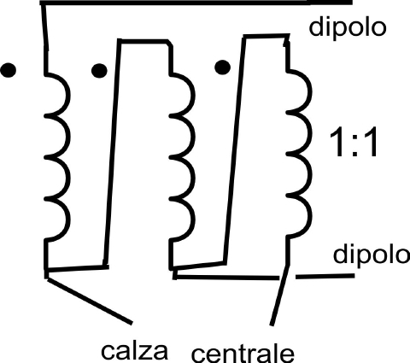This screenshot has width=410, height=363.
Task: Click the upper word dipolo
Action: [348, 28]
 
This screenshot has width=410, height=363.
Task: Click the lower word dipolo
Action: [371, 255]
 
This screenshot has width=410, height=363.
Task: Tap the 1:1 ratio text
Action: [354, 142]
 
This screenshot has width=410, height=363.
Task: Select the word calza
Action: [134, 351]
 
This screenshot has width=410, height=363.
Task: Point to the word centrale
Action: [243, 354]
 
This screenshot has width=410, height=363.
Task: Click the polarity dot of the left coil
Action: [9, 70]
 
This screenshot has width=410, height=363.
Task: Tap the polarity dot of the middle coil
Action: [99, 70]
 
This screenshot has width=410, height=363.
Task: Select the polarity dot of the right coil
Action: [222, 67]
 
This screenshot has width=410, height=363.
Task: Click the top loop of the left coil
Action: [67, 95]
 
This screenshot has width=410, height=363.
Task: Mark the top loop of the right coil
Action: [309, 91]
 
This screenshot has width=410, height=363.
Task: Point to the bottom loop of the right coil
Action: [309, 215]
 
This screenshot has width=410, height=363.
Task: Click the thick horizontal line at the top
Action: [196, 3]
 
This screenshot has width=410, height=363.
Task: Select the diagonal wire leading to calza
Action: [90, 301]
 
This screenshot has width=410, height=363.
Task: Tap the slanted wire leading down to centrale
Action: [280, 295]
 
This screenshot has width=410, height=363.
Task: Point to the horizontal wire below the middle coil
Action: [226, 277]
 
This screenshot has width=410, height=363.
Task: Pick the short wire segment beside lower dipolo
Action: [325, 276]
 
